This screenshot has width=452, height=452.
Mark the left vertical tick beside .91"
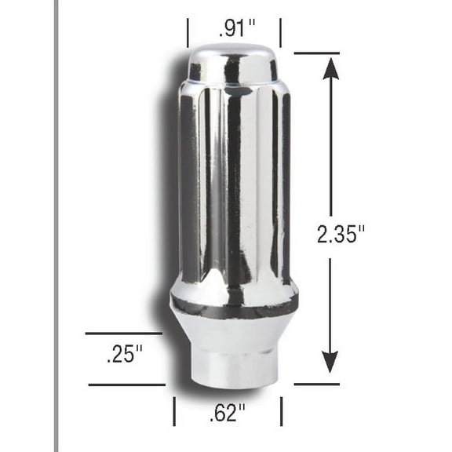pos(188,33)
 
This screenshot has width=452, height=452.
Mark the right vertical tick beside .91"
pos(280,33)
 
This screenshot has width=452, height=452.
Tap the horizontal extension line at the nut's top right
pos(316,53)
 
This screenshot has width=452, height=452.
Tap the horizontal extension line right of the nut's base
pos(316,385)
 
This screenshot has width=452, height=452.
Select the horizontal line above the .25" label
pos(123,334)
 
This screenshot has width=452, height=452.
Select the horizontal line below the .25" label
pos(126,385)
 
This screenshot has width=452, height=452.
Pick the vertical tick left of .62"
pos(175,411)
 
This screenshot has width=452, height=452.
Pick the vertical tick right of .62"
pos(281,411)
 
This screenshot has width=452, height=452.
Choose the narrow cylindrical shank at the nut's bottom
pos(234,367)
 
